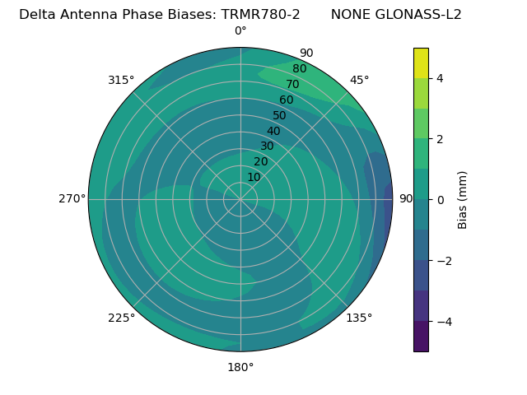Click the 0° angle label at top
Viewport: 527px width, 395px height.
240,31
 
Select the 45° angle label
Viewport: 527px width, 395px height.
359,80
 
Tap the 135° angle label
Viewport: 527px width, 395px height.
359,318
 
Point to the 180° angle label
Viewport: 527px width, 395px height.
240,367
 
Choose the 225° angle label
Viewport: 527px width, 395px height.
121,318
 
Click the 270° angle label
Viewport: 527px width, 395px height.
72,198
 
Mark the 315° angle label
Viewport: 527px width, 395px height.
121,80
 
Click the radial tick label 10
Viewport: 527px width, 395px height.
254,177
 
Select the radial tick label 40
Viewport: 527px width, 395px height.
273,131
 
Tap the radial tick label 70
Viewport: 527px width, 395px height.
292,84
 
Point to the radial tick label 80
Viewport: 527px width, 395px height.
299,68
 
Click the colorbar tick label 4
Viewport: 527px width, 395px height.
440,78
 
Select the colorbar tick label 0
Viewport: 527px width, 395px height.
440,200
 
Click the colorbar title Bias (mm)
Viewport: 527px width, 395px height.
463,200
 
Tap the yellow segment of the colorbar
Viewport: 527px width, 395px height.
421,63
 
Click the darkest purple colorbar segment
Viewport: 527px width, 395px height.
421,337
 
